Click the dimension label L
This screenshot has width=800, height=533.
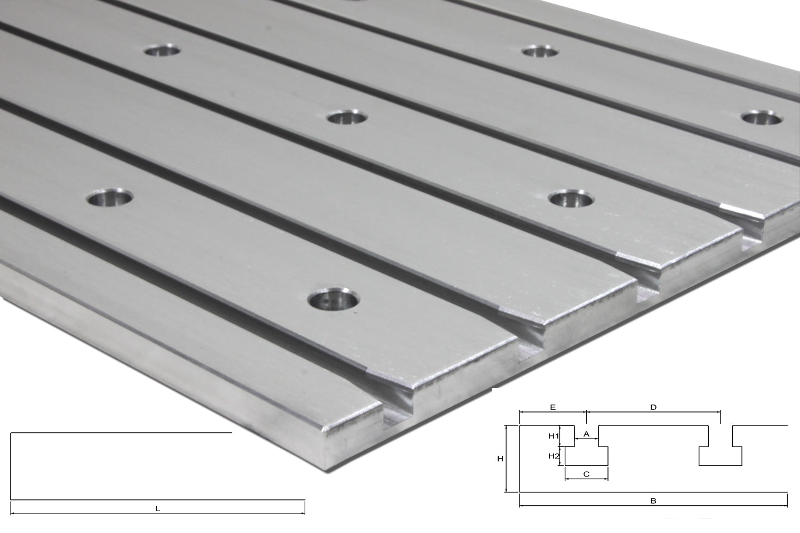(x=157, y=509)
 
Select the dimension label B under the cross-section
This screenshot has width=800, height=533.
(x=653, y=500)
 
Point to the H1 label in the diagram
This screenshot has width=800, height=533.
(x=553, y=436)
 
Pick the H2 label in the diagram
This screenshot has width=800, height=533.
(x=553, y=456)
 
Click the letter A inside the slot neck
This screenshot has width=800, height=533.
(x=586, y=434)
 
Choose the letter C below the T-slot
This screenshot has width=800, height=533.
(x=586, y=473)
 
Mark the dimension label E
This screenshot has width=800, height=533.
(x=553, y=407)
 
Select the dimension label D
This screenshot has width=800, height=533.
(x=653, y=407)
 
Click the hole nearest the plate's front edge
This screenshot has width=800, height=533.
(x=333, y=301)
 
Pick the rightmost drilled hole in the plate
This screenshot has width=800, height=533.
(x=761, y=118)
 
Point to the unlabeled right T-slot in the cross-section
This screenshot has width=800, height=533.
(x=720, y=450)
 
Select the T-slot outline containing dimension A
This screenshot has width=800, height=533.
(x=586, y=450)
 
